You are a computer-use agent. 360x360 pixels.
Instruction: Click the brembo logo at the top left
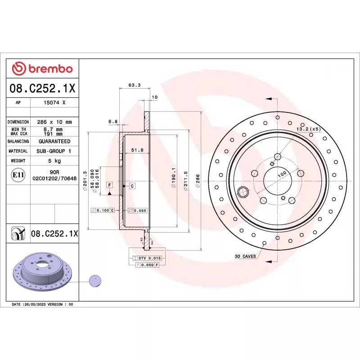click(42, 69)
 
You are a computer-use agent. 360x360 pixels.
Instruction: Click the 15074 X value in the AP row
click(54, 103)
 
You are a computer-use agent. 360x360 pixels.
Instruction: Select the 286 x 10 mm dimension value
click(54, 122)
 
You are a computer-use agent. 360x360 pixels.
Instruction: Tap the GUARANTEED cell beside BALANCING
click(54, 141)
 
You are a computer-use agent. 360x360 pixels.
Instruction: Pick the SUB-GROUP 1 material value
click(54, 151)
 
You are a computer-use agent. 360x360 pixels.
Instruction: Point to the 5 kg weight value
click(54, 161)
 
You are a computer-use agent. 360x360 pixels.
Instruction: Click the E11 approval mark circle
click(18, 175)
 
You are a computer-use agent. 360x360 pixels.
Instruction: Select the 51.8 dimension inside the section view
click(137, 150)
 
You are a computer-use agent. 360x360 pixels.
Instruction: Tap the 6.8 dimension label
click(113, 121)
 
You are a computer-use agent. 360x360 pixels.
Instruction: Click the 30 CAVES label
click(245, 256)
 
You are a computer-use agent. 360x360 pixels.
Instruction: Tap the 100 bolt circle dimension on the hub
click(282, 174)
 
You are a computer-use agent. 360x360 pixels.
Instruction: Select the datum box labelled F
click(109, 185)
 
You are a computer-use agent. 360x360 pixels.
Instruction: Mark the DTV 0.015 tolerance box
click(149, 258)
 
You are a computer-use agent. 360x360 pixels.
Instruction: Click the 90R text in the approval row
click(54, 172)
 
